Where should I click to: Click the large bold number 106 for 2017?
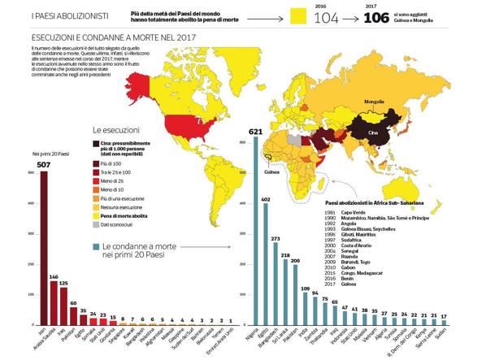pyautogui.click(x=378, y=16)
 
